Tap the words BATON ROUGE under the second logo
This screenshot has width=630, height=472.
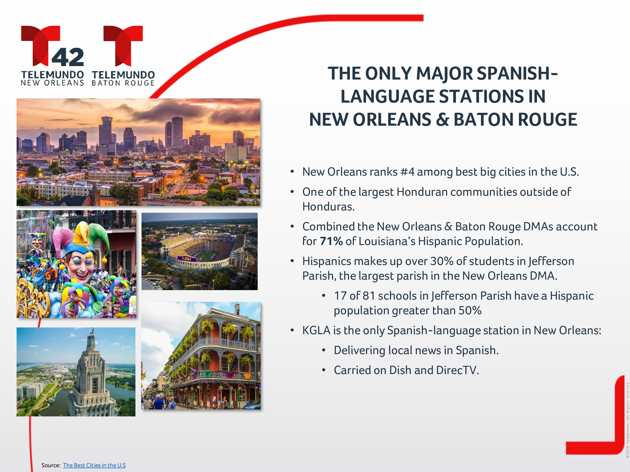click(123, 83)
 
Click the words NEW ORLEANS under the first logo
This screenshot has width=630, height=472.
click(52, 83)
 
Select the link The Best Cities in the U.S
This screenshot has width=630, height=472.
click(94, 465)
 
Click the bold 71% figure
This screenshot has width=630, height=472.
click(331, 241)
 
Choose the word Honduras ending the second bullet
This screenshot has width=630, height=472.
click(328, 207)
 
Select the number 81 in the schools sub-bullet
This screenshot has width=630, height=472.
click(369, 296)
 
